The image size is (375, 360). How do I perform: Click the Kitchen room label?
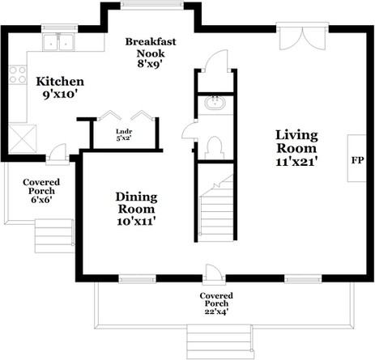60,82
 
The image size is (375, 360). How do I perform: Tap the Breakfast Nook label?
151,48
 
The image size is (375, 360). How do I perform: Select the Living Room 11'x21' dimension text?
296,162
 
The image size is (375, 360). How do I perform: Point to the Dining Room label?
136,203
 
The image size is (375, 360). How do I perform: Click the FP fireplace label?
357,160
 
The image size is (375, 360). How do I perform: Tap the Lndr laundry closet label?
124,132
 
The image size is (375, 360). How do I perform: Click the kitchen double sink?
58,42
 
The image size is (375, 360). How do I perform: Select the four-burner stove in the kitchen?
18,75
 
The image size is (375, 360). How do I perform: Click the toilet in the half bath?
215,148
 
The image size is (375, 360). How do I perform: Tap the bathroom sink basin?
215,103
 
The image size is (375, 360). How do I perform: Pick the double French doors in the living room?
302,36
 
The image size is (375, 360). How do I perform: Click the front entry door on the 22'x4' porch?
214,274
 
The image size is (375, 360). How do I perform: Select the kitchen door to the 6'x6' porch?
58,154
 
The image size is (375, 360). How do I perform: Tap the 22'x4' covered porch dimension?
216,311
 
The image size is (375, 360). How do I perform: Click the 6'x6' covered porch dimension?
41,200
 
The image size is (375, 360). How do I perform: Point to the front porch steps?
220,341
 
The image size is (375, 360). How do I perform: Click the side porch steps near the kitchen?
54,236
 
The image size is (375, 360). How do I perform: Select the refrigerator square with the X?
23,138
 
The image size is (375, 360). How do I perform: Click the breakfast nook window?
152,6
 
